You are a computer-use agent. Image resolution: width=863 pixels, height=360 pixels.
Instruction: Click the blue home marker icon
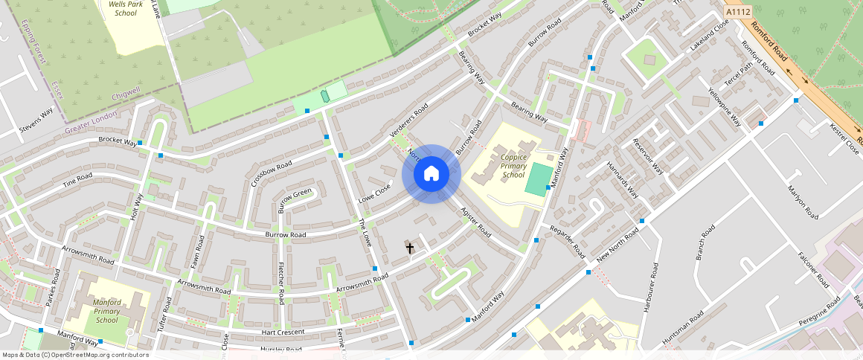431,174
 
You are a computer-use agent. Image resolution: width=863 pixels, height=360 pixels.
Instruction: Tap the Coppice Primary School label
513,166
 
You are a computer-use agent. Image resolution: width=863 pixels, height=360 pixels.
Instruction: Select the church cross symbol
409,247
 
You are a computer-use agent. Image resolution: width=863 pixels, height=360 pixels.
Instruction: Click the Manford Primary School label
107,311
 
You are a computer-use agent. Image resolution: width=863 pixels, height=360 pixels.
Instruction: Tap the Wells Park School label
122,8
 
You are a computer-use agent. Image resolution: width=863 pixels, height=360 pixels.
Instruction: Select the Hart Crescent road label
283,332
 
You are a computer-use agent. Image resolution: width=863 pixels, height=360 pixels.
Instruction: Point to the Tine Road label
77,179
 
